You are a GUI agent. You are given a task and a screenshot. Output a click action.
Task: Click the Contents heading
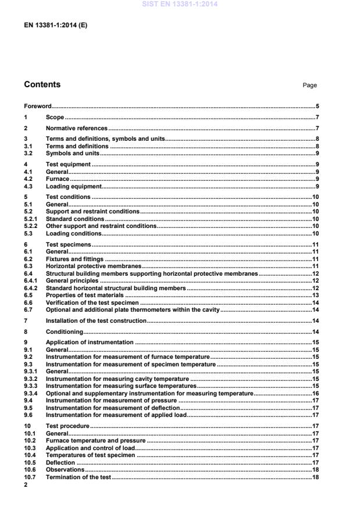pyautogui.click(x=42, y=84)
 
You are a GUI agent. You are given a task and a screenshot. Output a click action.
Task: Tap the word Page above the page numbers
pyautogui.click(x=309, y=85)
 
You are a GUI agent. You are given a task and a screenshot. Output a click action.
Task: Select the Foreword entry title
pyautogui.click(x=37, y=106)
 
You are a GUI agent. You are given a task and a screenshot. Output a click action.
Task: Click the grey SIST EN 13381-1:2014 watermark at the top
pyautogui.click(x=180, y=4)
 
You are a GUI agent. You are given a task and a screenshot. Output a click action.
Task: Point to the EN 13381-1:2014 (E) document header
pyautogui.click(x=56, y=26)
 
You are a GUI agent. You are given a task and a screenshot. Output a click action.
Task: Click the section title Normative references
pyautogui.click(x=77, y=128)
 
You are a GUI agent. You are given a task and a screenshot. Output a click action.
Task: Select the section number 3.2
pyautogui.click(x=28, y=154)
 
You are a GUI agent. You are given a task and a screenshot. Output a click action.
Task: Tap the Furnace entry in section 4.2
pyautogui.click(x=57, y=179)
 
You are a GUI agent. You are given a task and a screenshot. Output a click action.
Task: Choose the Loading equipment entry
pyautogui.click(x=74, y=186)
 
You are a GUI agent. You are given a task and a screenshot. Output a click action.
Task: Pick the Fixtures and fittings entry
pyautogui.click(x=74, y=258)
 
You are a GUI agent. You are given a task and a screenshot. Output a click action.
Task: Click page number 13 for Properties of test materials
pyautogui.click(x=315, y=295)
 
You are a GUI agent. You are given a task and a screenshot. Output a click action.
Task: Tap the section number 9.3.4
pyautogui.click(x=30, y=393)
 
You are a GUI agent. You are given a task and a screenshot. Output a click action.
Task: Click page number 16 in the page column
pyautogui.click(x=315, y=393)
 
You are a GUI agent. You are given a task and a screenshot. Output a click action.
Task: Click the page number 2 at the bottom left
pyautogui.click(x=26, y=484)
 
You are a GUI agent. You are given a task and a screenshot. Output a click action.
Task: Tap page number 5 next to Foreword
pyautogui.click(x=317, y=106)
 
